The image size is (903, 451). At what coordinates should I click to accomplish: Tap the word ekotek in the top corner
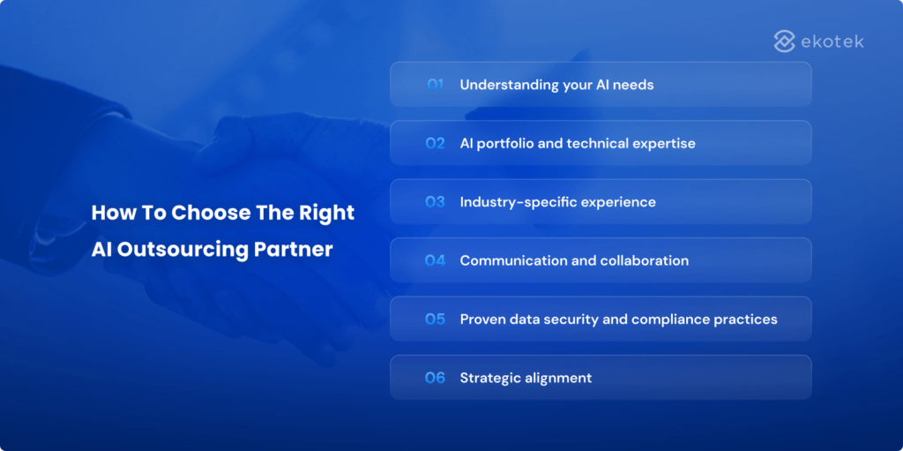[832, 41]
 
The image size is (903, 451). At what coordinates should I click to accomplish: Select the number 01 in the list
[435, 85]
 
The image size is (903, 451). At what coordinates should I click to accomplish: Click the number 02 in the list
[435, 143]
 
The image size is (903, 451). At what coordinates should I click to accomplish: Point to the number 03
[435, 202]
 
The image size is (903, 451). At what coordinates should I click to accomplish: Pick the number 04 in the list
[435, 260]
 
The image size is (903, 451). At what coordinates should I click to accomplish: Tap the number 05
[435, 319]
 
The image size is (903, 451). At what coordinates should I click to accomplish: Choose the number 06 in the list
[435, 378]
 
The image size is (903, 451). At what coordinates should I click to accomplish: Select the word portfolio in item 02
[510, 144]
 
